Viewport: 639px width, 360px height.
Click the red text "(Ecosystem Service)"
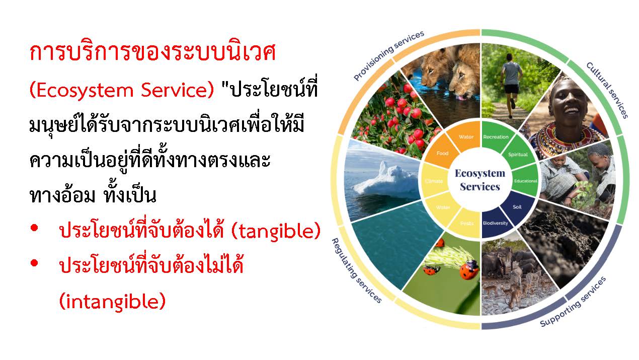click(x=122, y=90)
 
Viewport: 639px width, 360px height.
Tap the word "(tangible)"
click(x=276, y=231)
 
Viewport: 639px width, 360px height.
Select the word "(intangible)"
click(x=112, y=301)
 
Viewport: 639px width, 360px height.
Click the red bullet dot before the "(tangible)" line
click(x=34, y=228)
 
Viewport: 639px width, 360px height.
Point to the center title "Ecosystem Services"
click(x=480, y=180)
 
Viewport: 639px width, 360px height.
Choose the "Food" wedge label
click(x=442, y=153)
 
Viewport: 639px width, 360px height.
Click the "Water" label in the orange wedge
click(x=466, y=137)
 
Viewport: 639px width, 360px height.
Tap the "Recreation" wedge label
click(x=496, y=137)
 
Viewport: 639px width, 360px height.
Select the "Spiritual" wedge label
click(x=518, y=155)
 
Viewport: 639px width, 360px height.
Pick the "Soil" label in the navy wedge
click(x=517, y=207)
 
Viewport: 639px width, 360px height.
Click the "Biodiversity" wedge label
click(x=496, y=223)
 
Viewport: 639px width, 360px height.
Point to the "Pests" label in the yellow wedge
click(x=467, y=223)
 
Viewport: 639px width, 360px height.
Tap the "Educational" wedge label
click(x=525, y=181)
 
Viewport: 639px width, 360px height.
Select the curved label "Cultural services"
click(x=607, y=90)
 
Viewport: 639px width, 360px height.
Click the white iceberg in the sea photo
click(x=386, y=180)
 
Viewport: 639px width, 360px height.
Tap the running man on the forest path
click(x=512, y=86)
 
